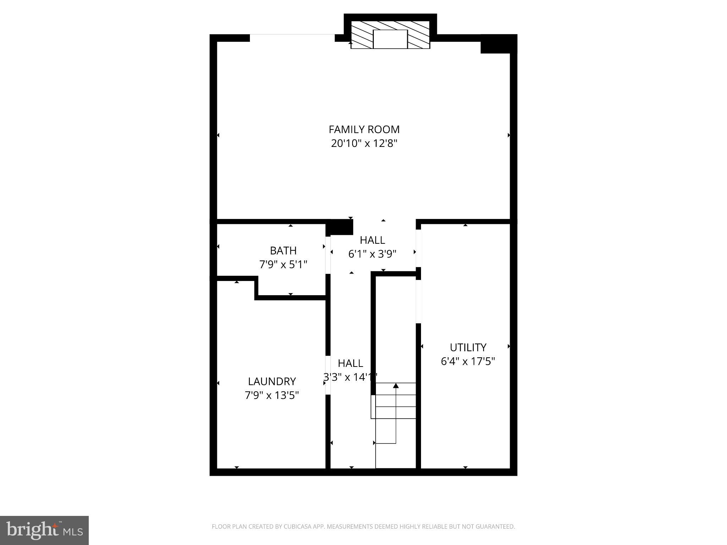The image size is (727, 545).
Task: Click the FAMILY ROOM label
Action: coord(364,130)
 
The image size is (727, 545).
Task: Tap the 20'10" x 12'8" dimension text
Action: coord(364,143)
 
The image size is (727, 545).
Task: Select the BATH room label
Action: coord(283,251)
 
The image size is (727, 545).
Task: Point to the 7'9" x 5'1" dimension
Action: coord(283,265)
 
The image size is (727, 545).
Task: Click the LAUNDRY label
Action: coord(272,381)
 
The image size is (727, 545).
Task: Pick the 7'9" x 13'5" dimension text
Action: coord(272,395)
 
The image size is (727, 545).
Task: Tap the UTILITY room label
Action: coord(468,347)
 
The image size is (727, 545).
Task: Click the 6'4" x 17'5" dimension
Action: coord(468,361)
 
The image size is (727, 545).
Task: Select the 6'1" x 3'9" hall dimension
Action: coord(372,254)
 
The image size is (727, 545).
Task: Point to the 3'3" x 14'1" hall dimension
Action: coord(350,377)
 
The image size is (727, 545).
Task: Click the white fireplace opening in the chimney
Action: coord(390,39)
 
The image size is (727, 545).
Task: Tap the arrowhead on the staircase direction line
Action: coord(396,385)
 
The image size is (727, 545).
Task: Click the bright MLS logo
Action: coord(44,530)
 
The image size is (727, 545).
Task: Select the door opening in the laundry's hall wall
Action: coord(328,375)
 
